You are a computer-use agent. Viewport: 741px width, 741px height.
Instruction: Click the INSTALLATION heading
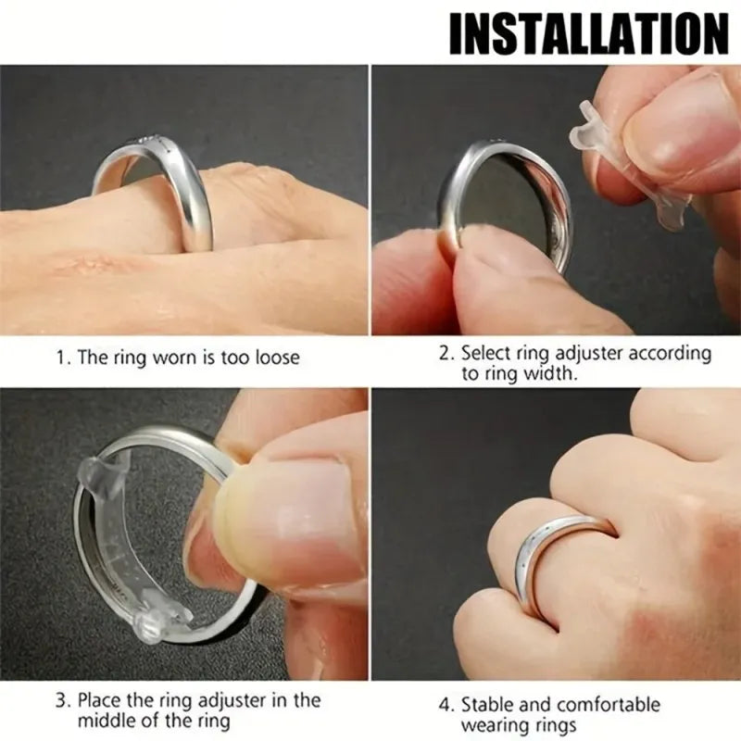pos(588,33)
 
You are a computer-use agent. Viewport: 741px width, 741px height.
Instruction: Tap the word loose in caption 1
pos(275,358)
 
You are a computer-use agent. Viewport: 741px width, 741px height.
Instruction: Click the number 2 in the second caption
pos(445,354)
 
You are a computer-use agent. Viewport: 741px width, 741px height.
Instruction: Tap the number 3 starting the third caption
pos(61,699)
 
